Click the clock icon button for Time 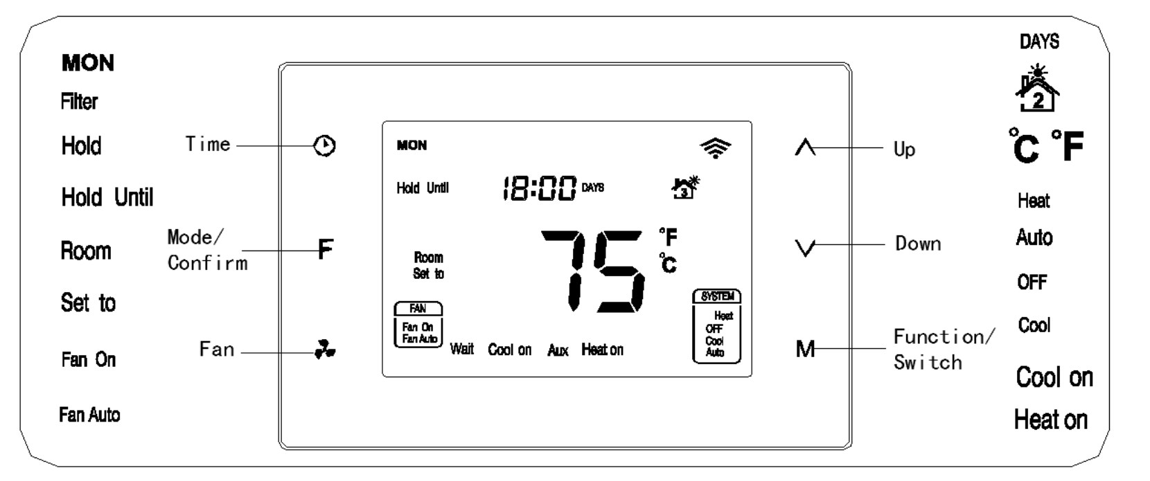pyautogui.click(x=325, y=146)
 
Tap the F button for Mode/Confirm pyautogui.click(x=325, y=248)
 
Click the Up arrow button pyautogui.click(x=805, y=147)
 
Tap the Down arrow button pyautogui.click(x=805, y=247)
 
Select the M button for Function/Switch pyautogui.click(x=805, y=349)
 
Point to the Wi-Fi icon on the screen pyautogui.click(x=716, y=147)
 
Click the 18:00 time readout pyautogui.click(x=539, y=188)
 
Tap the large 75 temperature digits pyautogui.click(x=592, y=271)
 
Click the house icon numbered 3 pyautogui.click(x=685, y=188)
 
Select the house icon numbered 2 pyautogui.click(x=1037, y=90)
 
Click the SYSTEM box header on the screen pyautogui.click(x=717, y=296)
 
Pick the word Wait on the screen pyautogui.click(x=462, y=350)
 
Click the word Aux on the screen pyautogui.click(x=558, y=350)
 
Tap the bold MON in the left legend pyautogui.click(x=88, y=64)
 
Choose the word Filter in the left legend pyautogui.click(x=79, y=102)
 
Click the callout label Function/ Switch pyautogui.click(x=944, y=350)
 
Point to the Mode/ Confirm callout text pyautogui.click(x=206, y=250)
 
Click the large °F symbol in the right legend pyautogui.click(x=1068, y=146)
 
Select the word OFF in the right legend pyautogui.click(x=1032, y=282)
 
